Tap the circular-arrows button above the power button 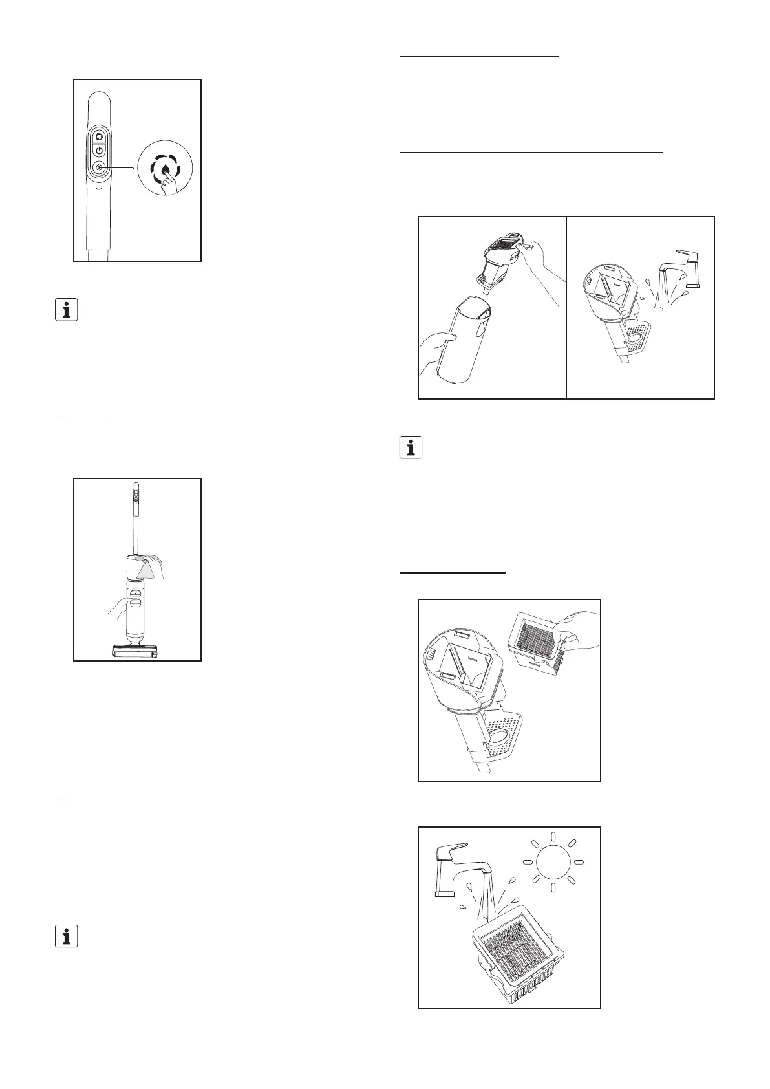[99, 135]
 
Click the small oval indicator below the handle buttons [98, 190]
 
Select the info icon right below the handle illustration [66, 310]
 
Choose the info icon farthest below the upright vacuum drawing [66, 936]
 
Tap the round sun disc [552, 862]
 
